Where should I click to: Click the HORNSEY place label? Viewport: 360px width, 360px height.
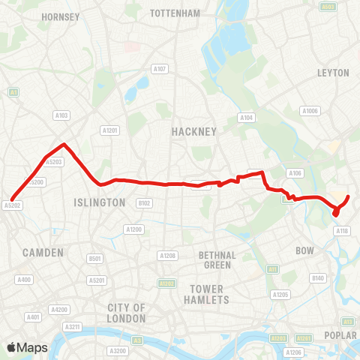pyautogui.click(x=61, y=16)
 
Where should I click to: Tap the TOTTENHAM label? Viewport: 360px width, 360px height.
pyautogui.click(x=175, y=13)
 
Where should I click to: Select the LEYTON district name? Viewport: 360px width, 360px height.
pyautogui.click(x=334, y=73)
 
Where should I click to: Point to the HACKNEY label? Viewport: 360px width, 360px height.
pyautogui.click(x=193, y=131)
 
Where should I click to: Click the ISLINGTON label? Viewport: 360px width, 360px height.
pyautogui.click(x=100, y=202)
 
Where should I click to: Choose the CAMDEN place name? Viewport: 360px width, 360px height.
pyautogui.click(x=43, y=253)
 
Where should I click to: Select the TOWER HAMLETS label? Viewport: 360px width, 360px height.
pyautogui.click(x=206, y=294)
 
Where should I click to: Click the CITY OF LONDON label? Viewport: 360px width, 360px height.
pyautogui.click(x=126, y=313)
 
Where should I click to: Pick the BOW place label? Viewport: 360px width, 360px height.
pyautogui.click(x=305, y=250)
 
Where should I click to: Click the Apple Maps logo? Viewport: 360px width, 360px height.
pyautogui.click(x=27, y=347)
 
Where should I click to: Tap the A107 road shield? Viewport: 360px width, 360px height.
pyautogui.click(x=159, y=69)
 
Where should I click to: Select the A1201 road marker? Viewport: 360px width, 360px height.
pyautogui.click(x=110, y=130)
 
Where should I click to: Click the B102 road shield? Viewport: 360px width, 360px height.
pyautogui.click(x=144, y=203)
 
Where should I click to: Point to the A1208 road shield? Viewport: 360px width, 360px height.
pyautogui.click(x=167, y=256)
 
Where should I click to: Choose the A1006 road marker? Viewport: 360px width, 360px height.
pyautogui.click(x=310, y=111)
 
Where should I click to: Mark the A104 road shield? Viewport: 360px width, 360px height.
pyautogui.click(x=246, y=118)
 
